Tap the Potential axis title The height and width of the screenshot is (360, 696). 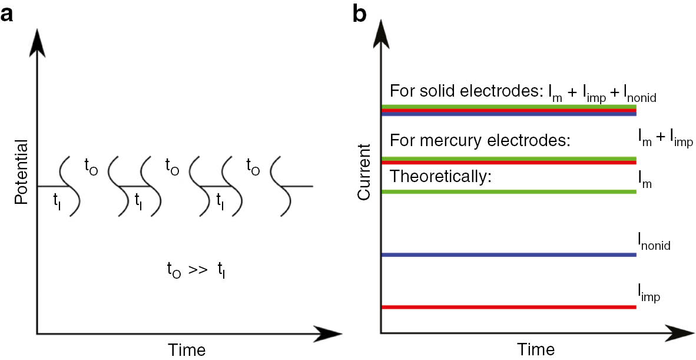click(x=22, y=172)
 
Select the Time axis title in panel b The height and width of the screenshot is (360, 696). click(x=536, y=349)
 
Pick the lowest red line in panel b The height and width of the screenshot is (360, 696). click(x=509, y=307)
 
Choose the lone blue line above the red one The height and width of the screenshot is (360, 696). click(x=509, y=255)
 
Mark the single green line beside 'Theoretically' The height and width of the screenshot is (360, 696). click(x=509, y=191)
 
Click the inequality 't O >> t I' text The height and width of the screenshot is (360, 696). click(x=195, y=272)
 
